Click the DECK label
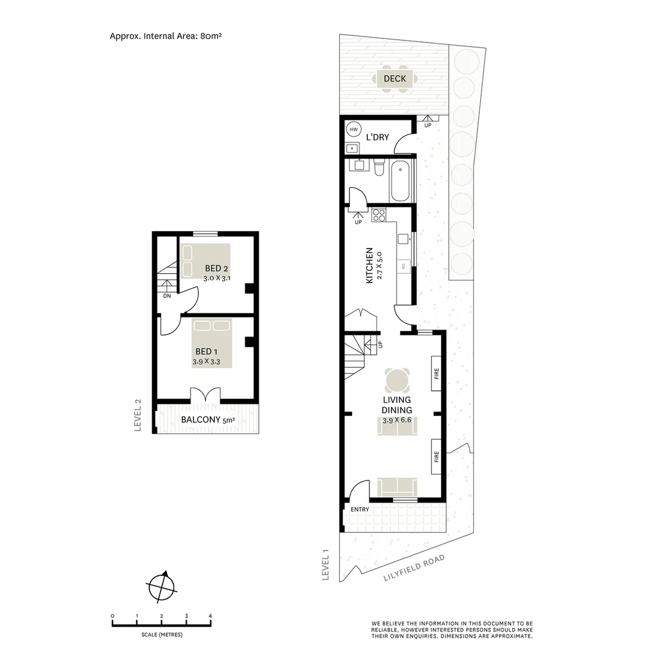pos(395,78)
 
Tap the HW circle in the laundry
pos(353,129)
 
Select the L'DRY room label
pos(377,137)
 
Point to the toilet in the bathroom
pos(379,168)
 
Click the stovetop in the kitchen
pos(379,214)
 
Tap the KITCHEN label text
pos(370,265)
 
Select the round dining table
pos(397,380)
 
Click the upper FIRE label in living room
pos(437,374)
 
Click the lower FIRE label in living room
pos(437,457)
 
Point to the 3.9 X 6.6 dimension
pos(397,421)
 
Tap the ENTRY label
pos(360,509)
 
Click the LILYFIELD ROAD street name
pos(414,568)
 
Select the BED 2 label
pos(216,268)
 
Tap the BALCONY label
pos(200,419)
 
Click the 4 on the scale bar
pos(210,616)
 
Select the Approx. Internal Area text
pos(166,36)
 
